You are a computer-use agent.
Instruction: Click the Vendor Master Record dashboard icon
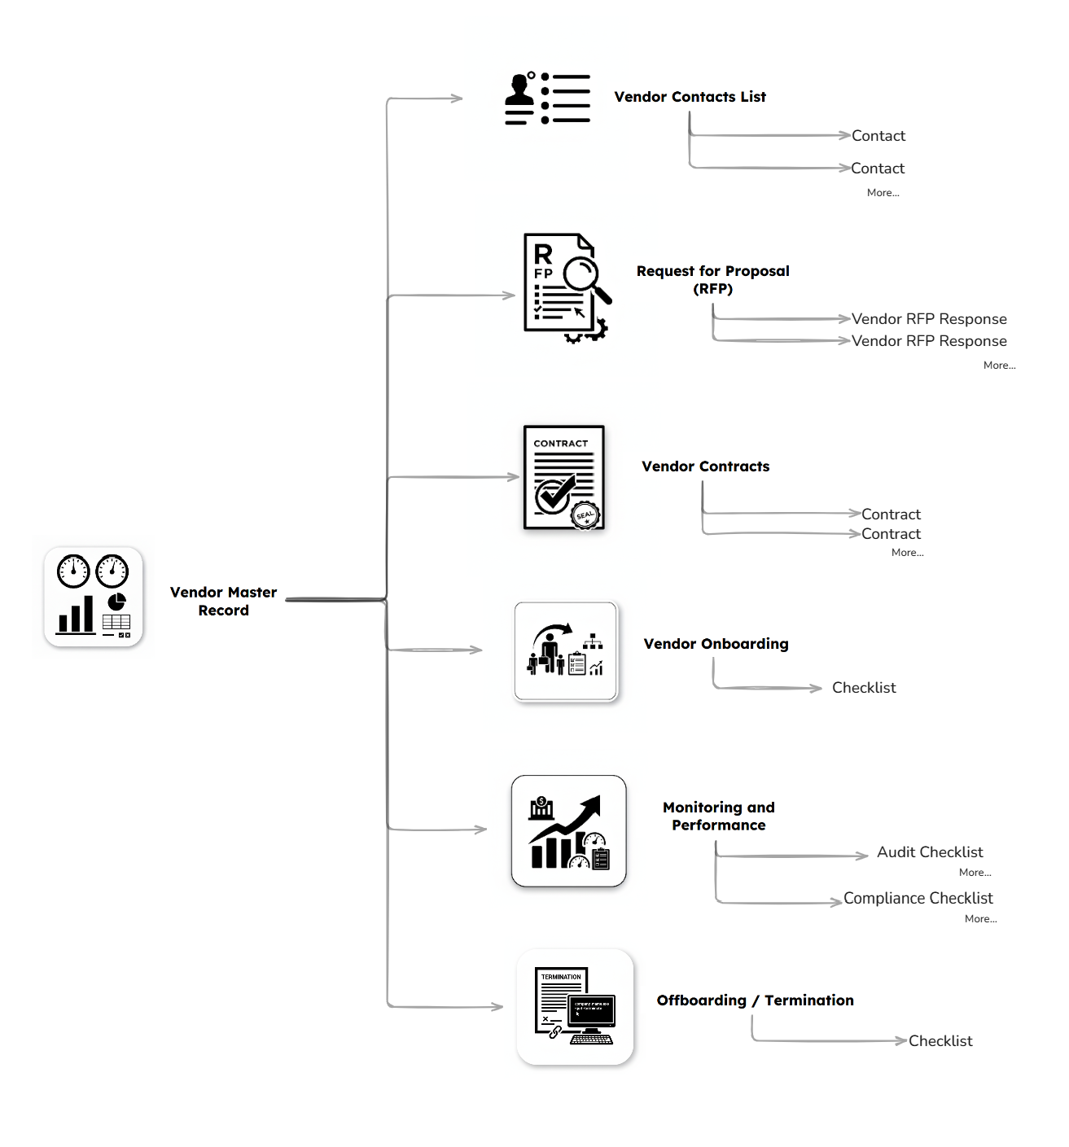coord(94,597)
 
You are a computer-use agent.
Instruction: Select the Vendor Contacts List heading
coord(690,97)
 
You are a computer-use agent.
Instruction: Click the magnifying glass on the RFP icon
coord(583,275)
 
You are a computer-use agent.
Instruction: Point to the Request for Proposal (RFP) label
coord(712,279)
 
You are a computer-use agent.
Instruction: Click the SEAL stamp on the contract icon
coord(585,515)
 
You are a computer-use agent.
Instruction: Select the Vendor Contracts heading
coord(705,466)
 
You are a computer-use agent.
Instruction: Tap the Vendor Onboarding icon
coord(566,651)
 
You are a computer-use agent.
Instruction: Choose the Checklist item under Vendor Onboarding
coord(863,688)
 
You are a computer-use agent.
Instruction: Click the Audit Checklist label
coord(930,852)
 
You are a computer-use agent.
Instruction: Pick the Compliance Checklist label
coord(918,898)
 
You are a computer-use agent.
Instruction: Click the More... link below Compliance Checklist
coord(980,919)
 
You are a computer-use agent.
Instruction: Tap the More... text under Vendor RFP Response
coord(999,366)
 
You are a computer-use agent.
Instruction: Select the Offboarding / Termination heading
coord(755,1000)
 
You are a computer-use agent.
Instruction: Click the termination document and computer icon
coord(575,1007)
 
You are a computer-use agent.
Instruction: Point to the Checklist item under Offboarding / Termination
coord(940,1041)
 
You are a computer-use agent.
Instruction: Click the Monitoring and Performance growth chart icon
coord(568,831)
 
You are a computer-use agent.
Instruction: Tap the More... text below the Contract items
coord(907,553)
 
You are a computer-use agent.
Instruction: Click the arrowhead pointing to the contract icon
coord(512,477)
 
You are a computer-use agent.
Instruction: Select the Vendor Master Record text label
coord(223,602)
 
